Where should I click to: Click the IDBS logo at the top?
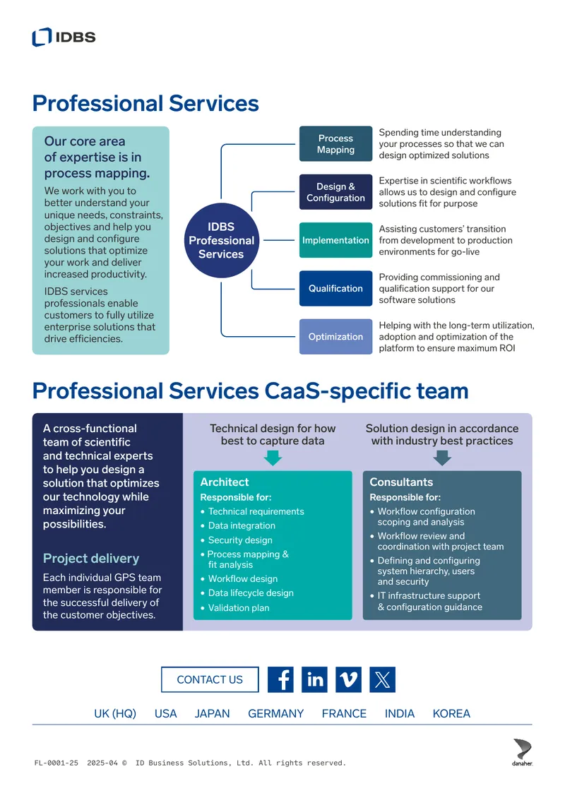click(64, 37)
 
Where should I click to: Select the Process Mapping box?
click(335, 144)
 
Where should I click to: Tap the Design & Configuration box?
click(335, 192)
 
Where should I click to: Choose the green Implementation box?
click(335, 240)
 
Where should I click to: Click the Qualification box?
click(335, 289)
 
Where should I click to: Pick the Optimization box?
click(335, 336)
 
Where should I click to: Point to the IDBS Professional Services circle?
click(222, 240)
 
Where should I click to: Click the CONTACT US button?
click(210, 679)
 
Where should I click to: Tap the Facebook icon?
click(280, 679)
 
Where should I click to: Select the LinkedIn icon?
click(314, 679)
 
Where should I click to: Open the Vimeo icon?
click(349, 679)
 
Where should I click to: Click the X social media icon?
click(382, 679)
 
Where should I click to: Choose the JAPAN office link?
click(213, 713)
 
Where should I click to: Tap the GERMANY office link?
click(276, 713)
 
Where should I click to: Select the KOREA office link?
click(451, 713)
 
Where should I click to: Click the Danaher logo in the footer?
click(522, 752)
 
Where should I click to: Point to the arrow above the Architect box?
click(273, 458)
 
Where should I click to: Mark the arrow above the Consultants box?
click(442, 458)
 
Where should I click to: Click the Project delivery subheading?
click(91, 559)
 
